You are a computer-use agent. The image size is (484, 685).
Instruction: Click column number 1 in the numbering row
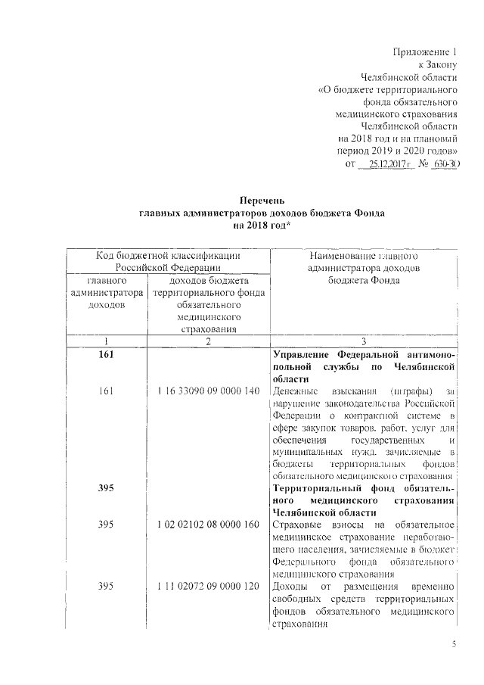pos(107,341)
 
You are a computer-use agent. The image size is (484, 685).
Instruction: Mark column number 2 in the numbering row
pos(208,341)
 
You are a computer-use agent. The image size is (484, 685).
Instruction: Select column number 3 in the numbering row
pos(363,341)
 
